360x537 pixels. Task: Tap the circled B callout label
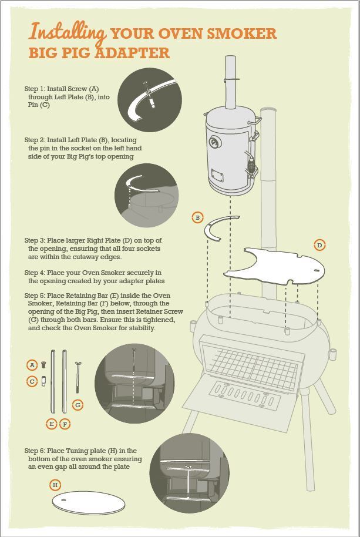point(198,217)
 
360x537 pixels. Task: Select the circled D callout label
point(319,245)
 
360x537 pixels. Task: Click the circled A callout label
point(32,365)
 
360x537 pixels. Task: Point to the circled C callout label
point(32,381)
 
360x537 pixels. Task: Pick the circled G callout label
point(78,405)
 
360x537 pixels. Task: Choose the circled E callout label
point(52,424)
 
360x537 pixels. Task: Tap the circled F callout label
point(65,424)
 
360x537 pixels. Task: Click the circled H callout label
point(55,485)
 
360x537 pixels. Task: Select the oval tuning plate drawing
point(89,502)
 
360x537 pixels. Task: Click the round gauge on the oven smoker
point(215,142)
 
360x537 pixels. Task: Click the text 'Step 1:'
point(34,89)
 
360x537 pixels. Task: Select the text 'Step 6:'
point(34,451)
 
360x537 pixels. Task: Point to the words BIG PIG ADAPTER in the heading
point(99,53)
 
